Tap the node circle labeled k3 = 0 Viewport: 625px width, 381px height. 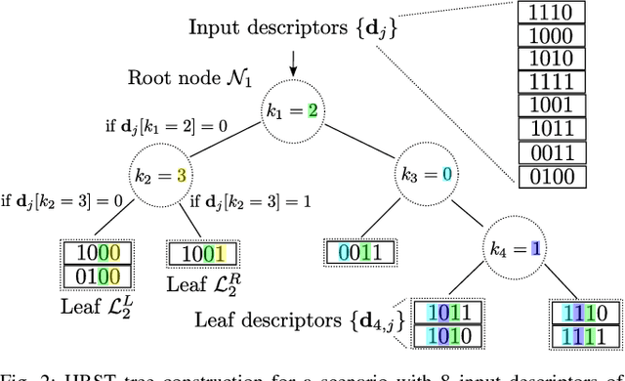[x=424, y=177]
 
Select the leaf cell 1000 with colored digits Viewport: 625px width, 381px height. [x=94, y=253]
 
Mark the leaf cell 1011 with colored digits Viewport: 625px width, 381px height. [x=447, y=314]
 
